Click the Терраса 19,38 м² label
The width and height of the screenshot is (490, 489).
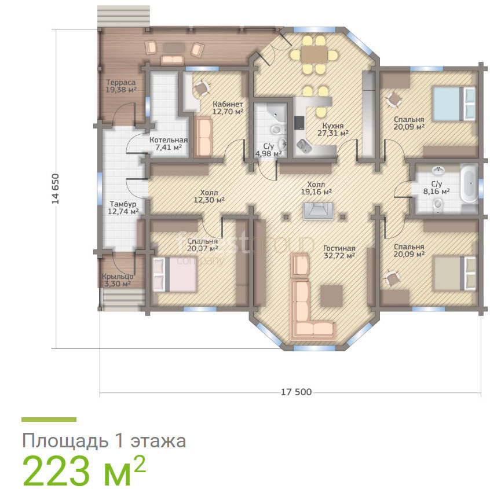[x=121, y=86]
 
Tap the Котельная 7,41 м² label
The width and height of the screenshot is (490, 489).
[x=169, y=144]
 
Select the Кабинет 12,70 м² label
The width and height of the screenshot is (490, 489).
[x=228, y=108]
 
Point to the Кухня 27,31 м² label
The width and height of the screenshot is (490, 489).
[x=333, y=130]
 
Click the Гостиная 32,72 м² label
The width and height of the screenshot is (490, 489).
[x=339, y=252]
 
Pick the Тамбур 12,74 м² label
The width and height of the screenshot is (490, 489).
[x=123, y=208]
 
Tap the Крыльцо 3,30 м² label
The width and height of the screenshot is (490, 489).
[x=118, y=280]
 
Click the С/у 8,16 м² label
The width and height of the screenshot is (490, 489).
[x=436, y=187]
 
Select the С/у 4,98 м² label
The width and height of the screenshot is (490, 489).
[x=268, y=150]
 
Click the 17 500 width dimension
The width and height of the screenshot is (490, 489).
[x=296, y=392]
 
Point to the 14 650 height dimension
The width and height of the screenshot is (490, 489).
[x=55, y=189]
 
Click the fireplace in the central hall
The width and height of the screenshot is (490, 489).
[x=318, y=211]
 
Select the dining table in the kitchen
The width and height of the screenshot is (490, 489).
[x=314, y=54]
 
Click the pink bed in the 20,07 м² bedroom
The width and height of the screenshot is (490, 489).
[x=174, y=274]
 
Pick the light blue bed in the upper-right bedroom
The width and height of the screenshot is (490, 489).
[x=454, y=104]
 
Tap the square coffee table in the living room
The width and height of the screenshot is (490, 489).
[x=331, y=295]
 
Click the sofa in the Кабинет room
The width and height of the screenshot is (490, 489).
[x=203, y=137]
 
